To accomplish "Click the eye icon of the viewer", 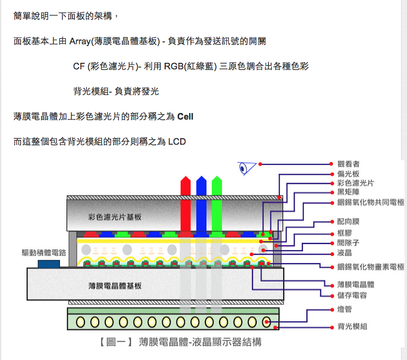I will pyautogui.click(x=245, y=168).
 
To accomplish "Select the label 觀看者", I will pyautogui.click(x=348, y=164).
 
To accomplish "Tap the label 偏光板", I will pyautogui.click(x=348, y=173).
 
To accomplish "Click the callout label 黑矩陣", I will pyautogui.click(x=348, y=193).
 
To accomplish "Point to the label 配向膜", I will pyautogui.click(x=348, y=222).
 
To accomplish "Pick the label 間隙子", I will pyautogui.click(x=348, y=243).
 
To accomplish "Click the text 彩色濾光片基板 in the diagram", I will pyautogui.click(x=115, y=216).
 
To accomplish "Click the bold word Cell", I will pyautogui.click(x=186, y=115).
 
